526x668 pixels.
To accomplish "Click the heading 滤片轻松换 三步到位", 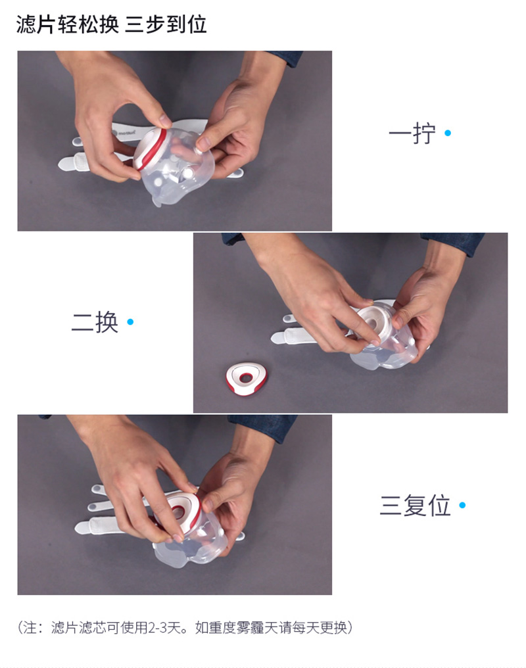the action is (112, 24).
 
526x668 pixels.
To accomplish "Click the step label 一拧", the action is (412, 133).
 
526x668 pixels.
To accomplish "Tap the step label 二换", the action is (95, 322).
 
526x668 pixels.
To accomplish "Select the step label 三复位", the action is (415, 505).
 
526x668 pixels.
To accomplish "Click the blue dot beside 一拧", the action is (448, 133).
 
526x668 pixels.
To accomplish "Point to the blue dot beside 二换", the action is (130, 322).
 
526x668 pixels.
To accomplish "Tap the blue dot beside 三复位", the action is (462, 505).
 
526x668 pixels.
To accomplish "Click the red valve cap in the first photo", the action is (150, 147).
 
